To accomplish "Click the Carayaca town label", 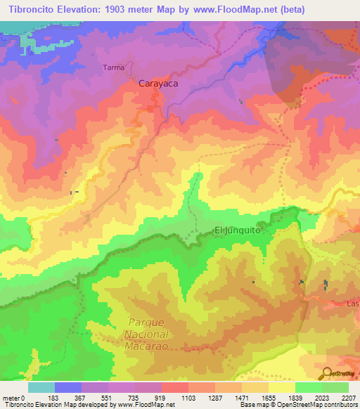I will pos(158,83).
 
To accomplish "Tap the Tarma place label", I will pos(113,68).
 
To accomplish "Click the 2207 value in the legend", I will pos(349,398).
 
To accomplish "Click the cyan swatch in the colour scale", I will pos(41,387).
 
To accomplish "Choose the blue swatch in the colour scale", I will pos(68,387).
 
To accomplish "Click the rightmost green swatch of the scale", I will pos(335,387).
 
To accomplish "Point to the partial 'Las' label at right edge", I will pos(353,304).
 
